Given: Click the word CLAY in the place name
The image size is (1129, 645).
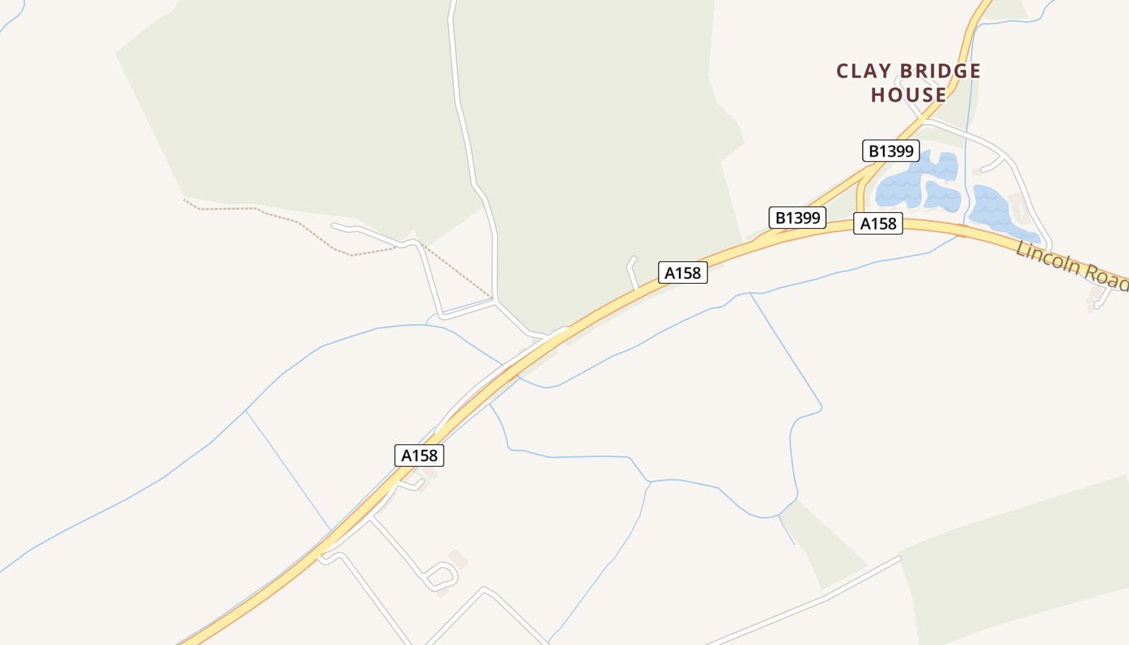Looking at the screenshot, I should pyautogui.click(x=867, y=72).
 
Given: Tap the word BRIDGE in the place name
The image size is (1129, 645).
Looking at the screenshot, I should pyautogui.click(x=943, y=72).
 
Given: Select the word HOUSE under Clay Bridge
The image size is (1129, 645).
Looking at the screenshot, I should pyautogui.click(x=908, y=95).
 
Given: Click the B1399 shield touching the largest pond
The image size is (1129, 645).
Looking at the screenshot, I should pyautogui.click(x=890, y=151).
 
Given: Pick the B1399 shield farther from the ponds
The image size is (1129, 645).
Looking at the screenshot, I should pyautogui.click(x=798, y=217).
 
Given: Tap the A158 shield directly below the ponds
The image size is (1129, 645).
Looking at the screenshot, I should pyautogui.click(x=878, y=223).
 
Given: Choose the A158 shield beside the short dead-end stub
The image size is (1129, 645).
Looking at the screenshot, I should pyautogui.click(x=682, y=273).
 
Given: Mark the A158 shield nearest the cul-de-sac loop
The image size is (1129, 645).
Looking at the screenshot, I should pyautogui.click(x=419, y=455).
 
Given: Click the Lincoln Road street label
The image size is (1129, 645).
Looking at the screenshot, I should pyautogui.click(x=1071, y=263).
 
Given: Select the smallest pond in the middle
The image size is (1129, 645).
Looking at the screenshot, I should pyautogui.click(x=942, y=196).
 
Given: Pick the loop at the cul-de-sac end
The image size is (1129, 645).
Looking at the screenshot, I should pyautogui.click(x=443, y=576).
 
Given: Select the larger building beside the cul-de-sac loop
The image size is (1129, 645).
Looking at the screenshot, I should pyautogui.click(x=457, y=558).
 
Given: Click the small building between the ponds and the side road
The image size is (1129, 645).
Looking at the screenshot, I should pyautogui.click(x=977, y=172).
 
